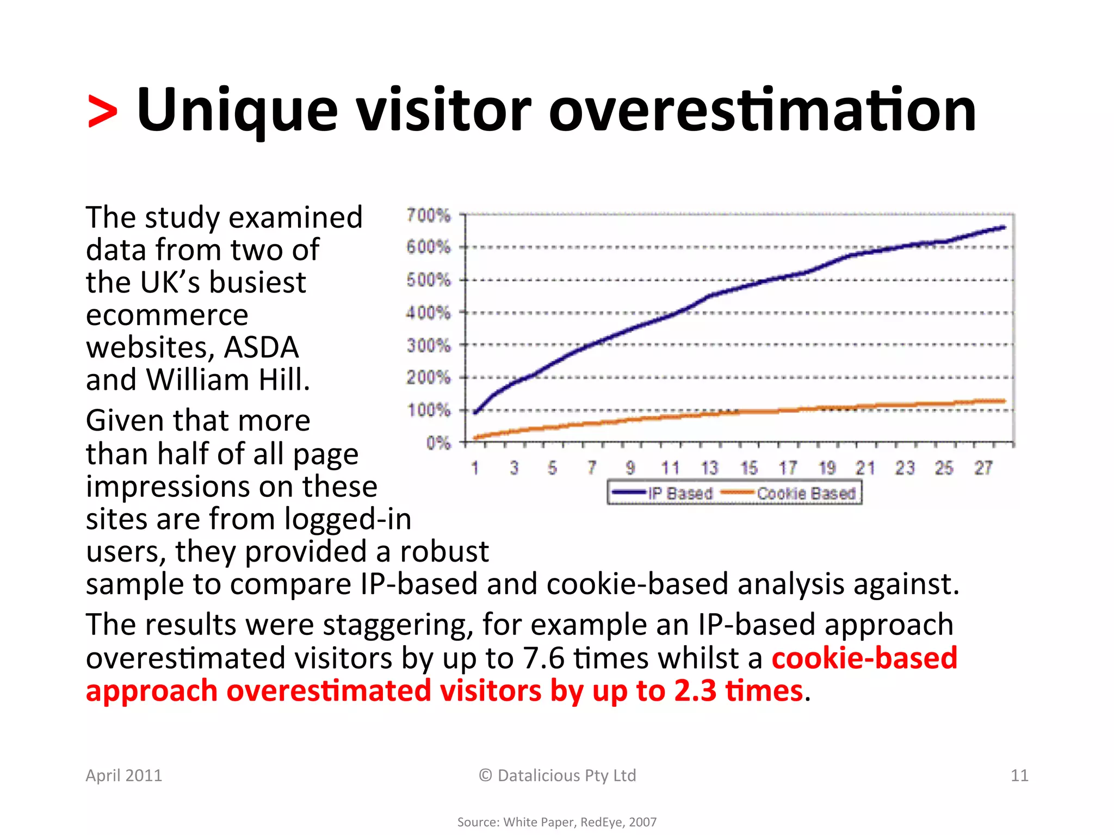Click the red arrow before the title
[x=102, y=111]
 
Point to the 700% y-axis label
[x=429, y=215]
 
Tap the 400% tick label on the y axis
[x=429, y=313]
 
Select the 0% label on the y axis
[x=438, y=443]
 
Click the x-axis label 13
[x=709, y=468]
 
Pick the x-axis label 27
[x=983, y=468]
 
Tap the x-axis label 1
[x=475, y=468]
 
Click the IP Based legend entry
[x=680, y=493]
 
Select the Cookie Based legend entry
[x=806, y=493]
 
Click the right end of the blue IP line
[x=1004, y=227]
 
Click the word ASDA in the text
[x=261, y=347]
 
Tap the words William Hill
[x=228, y=379]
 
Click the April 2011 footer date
[x=124, y=775]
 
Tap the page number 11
[x=1019, y=775]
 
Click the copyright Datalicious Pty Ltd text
[x=557, y=775]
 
